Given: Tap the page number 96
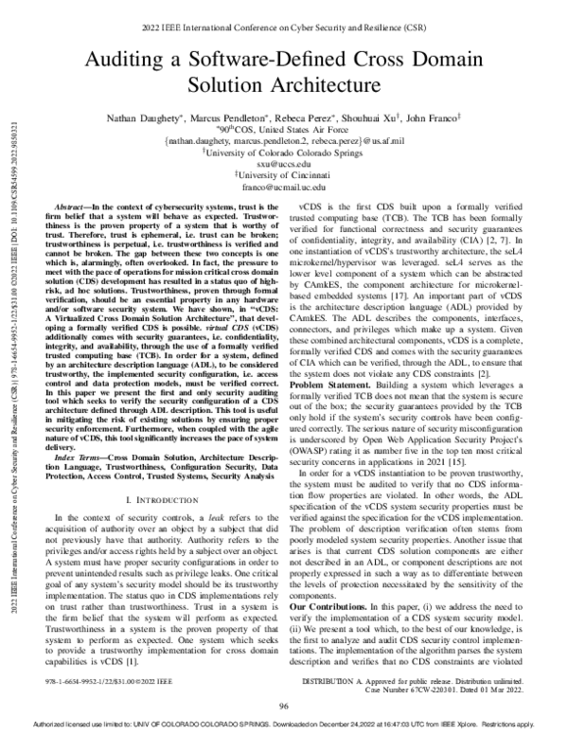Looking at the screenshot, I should coord(283,707).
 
